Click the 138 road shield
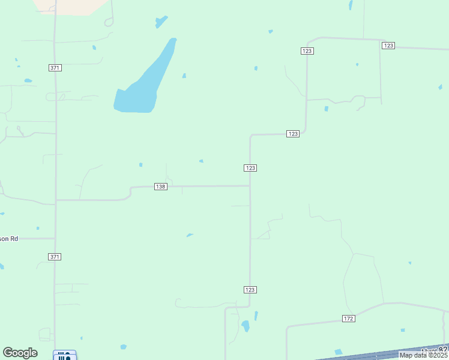click(160, 187)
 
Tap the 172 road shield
click(349, 318)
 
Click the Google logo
click(20, 353)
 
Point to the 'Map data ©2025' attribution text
click(423, 355)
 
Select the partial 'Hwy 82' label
click(435, 350)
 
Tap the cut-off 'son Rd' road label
click(9, 239)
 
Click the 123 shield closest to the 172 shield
click(250, 290)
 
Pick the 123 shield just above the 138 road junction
click(250, 168)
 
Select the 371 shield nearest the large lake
click(55, 68)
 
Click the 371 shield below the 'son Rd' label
click(55, 257)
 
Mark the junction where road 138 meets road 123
click(250, 186)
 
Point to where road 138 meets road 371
click(56, 200)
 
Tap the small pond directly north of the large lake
click(161, 22)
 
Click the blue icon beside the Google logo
click(64, 356)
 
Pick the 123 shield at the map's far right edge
click(388, 46)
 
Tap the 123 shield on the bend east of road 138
click(292, 134)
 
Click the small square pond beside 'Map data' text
click(338, 352)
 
